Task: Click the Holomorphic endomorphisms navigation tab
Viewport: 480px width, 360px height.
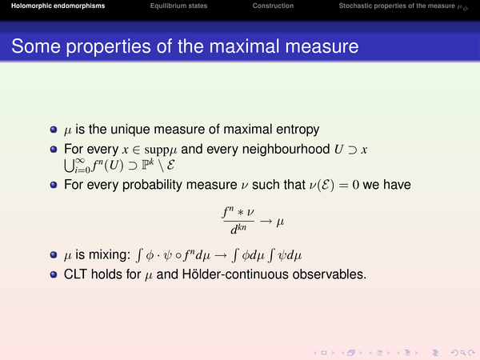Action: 58,6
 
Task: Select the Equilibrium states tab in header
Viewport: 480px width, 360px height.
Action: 178,6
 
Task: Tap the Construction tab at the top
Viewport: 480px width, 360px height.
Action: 273,6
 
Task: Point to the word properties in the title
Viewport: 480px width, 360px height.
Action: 108,47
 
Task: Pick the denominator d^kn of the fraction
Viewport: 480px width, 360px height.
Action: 238,229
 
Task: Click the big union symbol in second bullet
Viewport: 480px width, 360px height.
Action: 69,166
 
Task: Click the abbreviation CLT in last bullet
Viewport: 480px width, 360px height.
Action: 75,274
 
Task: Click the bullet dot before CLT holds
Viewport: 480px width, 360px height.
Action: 54,274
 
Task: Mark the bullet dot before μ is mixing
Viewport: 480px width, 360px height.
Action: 54,255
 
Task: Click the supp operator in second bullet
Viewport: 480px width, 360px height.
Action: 157,150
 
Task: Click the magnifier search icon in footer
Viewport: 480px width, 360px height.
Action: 463,353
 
